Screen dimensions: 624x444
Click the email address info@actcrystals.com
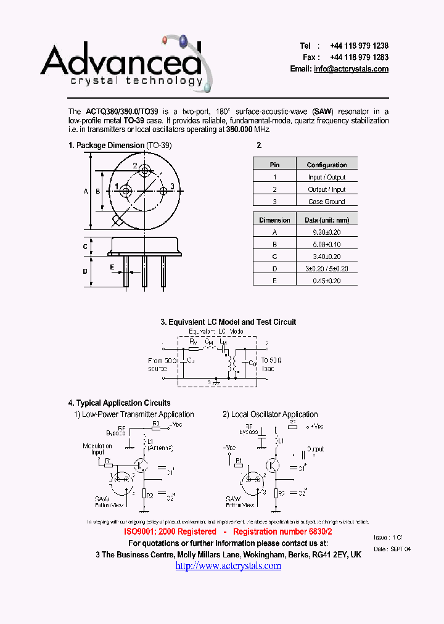(351, 69)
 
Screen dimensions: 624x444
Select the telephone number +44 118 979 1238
(359, 46)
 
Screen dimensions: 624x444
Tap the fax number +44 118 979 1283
(359, 57)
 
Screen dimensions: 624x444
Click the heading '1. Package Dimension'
(106, 146)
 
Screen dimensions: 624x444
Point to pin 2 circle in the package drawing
(144, 170)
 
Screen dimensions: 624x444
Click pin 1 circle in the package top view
(125, 191)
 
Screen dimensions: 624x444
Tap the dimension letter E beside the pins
(112, 267)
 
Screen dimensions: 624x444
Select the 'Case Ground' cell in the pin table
(326, 202)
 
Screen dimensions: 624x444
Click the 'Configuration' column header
(326, 165)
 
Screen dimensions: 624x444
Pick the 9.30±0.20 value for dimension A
(327, 232)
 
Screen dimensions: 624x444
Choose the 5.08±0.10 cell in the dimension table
(327, 244)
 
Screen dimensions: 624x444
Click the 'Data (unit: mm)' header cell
(327, 220)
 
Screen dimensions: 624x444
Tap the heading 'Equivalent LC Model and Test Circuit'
(232, 322)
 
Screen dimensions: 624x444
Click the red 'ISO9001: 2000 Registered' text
(170, 532)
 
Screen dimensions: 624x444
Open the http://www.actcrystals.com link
(228, 566)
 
